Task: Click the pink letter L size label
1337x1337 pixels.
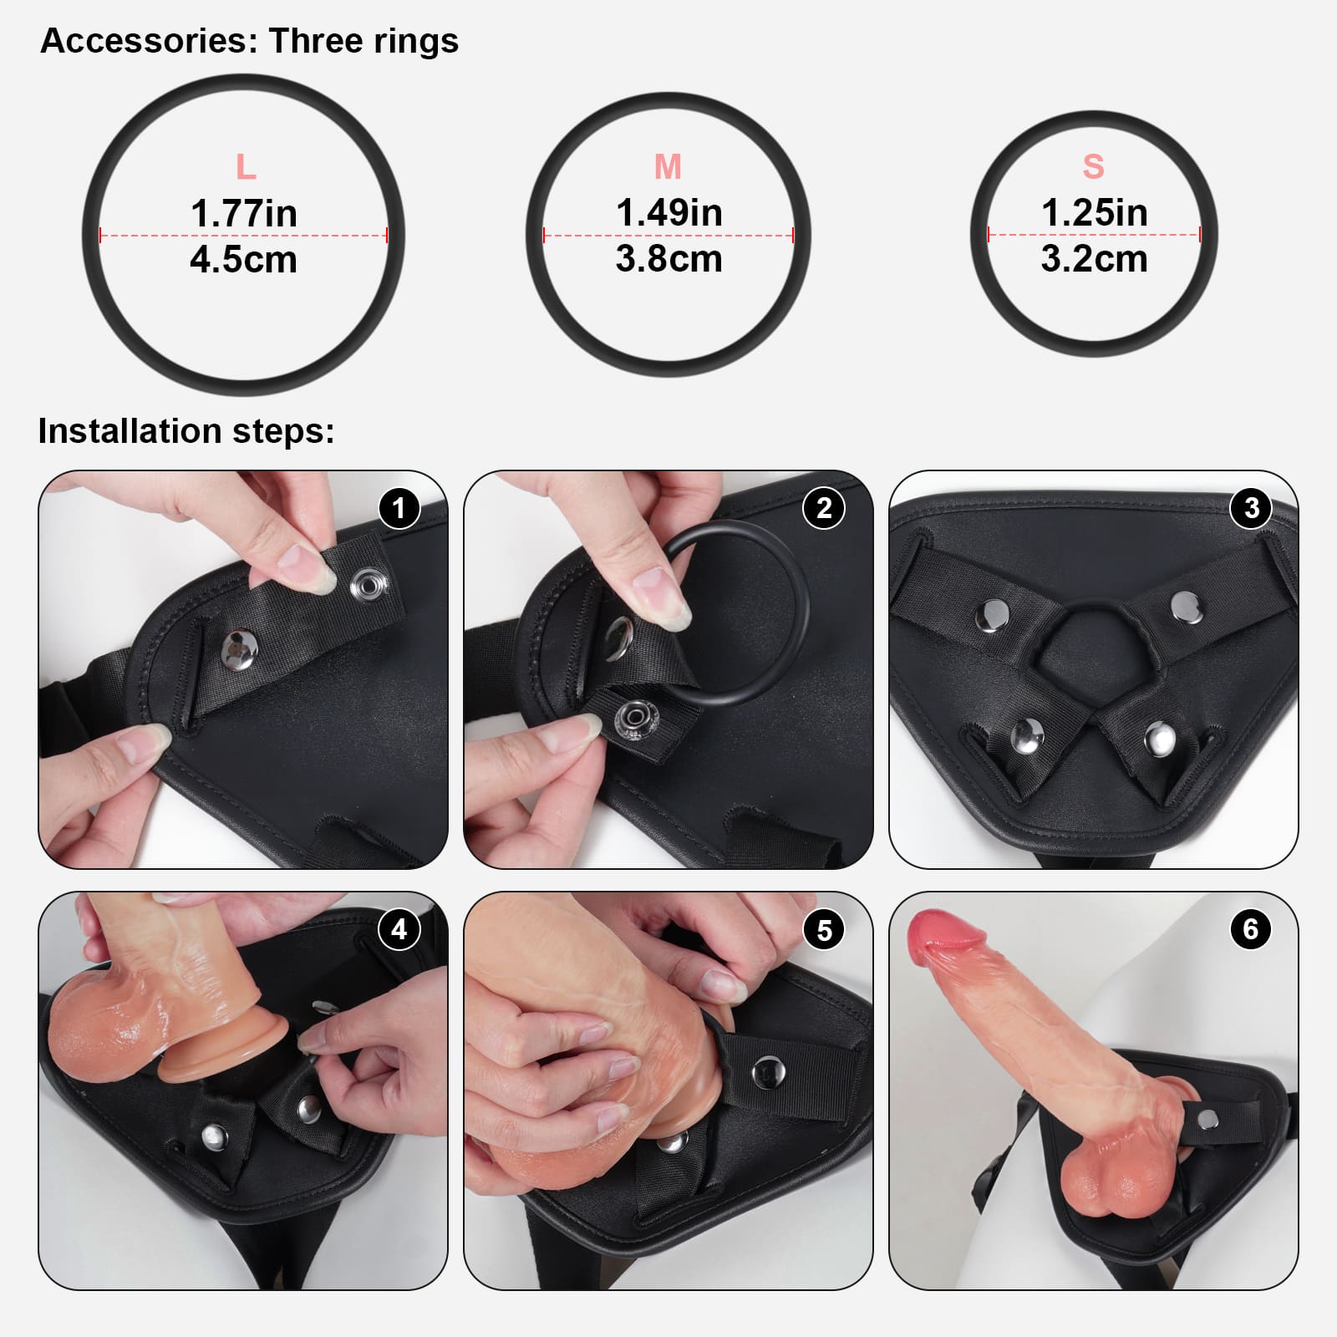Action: [245, 168]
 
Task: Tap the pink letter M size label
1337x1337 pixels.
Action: [668, 167]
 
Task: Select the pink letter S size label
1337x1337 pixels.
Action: [1093, 166]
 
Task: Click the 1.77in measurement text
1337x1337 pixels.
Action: [243, 214]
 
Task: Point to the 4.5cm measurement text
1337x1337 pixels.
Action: [243, 260]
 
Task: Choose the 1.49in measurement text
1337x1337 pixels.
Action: [668, 213]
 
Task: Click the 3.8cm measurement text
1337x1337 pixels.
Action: [668, 259]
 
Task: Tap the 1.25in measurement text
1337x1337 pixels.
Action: [1094, 213]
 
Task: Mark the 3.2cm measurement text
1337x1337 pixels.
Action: [1094, 259]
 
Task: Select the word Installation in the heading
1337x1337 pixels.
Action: [130, 431]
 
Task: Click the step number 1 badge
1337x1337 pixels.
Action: [399, 507]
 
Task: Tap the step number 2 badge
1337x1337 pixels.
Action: [824, 507]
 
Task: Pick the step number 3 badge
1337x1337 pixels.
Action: [1251, 507]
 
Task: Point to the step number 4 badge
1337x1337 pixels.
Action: [399, 929]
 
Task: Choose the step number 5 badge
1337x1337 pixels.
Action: [824, 929]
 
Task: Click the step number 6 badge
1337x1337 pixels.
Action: [1251, 929]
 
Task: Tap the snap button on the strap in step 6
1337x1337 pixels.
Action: [1207, 1121]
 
